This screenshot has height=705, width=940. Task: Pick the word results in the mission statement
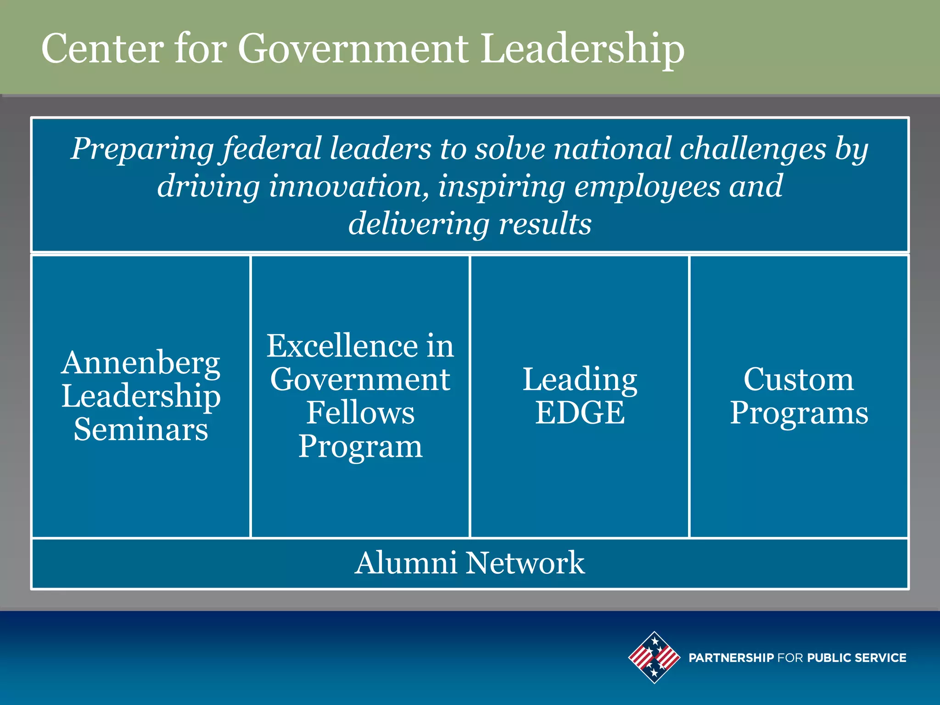pyautogui.click(x=545, y=224)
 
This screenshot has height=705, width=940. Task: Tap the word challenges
pyautogui.click(x=752, y=149)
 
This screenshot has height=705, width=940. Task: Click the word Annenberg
pyautogui.click(x=141, y=363)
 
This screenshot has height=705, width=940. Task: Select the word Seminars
pyautogui.click(x=141, y=430)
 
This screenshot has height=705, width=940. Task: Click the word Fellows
pyautogui.click(x=360, y=413)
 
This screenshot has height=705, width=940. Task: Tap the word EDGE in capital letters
pyautogui.click(x=580, y=413)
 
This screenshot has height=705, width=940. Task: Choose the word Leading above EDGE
pyautogui.click(x=580, y=380)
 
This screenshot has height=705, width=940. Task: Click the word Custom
pyautogui.click(x=799, y=380)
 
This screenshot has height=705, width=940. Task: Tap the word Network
pyautogui.click(x=525, y=563)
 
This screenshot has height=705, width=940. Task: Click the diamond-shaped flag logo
pyautogui.click(x=654, y=657)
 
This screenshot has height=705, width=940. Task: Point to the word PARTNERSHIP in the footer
pyautogui.click(x=731, y=658)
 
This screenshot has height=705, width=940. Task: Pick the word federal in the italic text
pyautogui.click(x=273, y=149)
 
